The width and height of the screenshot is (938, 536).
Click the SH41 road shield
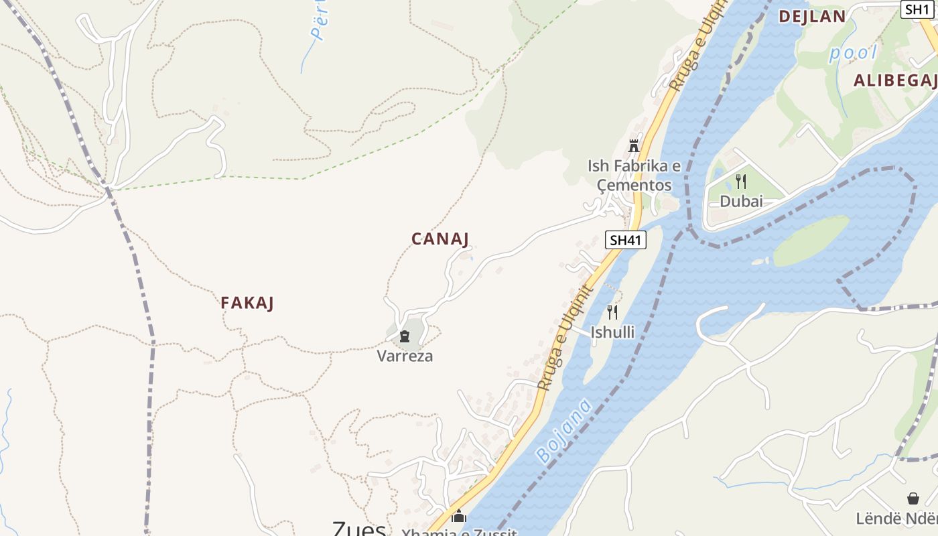click(x=626, y=240)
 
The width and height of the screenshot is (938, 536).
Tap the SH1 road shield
click(x=917, y=9)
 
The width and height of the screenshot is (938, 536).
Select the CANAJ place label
click(x=440, y=239)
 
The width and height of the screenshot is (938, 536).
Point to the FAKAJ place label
click(x=247, y=303)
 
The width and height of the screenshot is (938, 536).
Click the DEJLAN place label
click(x=812, y=17)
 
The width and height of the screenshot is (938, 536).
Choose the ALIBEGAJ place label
click(x=895, y=81)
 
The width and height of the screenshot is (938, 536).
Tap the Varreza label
click(x=405, y=356)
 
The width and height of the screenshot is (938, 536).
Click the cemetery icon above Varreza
click(x=405, y=336)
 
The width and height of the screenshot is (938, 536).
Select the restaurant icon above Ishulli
click(x=612, y=312)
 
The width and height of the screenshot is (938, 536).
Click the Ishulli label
click(x=612, y=332)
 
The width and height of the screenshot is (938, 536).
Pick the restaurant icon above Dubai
click(x=741, y=182)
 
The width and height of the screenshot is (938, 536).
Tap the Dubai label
click(x=741, y=201)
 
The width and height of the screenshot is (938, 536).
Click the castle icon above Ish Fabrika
click(x=633, y=145)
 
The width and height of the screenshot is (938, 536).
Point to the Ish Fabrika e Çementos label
click(x=634, y=175)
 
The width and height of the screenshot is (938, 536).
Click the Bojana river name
click(x=563, y=431)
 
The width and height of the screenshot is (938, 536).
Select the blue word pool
click(x=853, y=53)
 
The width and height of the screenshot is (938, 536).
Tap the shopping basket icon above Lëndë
click(x=913, y=498)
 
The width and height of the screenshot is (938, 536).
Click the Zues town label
click(x=359, y=529)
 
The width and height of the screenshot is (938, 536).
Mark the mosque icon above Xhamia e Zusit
click(x=459, y=517)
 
